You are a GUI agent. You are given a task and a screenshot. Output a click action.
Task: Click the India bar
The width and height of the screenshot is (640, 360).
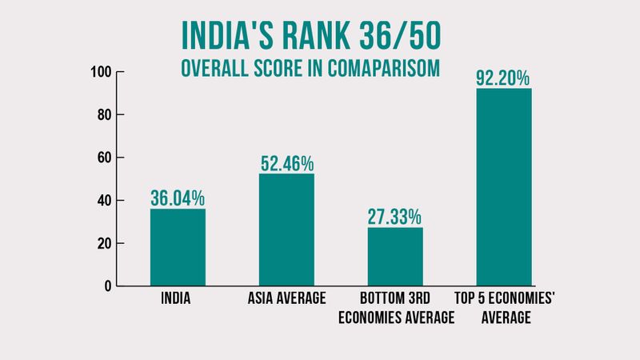coord(178,247)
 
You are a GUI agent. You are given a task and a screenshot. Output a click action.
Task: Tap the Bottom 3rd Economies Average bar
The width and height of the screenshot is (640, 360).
coord(395,257)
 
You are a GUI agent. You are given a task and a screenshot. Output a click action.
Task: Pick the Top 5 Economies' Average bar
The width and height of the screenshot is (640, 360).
coord(504,187)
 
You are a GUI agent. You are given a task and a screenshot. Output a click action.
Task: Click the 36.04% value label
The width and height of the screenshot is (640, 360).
coord(178,197)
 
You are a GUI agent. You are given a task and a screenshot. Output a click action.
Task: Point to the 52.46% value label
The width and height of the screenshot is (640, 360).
coord(286,162)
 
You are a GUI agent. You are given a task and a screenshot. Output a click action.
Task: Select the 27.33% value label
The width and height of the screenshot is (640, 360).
coord(395,216)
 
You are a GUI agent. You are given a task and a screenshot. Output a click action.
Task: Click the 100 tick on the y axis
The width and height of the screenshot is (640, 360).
coord(99,73)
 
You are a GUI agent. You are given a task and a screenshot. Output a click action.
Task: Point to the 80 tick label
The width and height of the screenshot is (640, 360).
coord(102,115)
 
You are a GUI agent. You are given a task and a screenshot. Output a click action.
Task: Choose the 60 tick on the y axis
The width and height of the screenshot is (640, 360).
coord(102,158)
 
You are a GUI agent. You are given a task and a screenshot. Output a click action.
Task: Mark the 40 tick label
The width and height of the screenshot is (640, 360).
coord(102,201)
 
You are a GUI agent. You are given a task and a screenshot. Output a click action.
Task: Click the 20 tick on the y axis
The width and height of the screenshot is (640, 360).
coord(102,243)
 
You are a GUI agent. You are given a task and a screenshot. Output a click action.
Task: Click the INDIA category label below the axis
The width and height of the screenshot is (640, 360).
coord(178,301)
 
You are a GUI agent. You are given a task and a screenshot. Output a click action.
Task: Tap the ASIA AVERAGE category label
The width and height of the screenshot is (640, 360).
coord(286,301)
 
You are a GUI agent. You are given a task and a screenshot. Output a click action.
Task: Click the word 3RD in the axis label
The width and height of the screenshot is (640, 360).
coord(434,301)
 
